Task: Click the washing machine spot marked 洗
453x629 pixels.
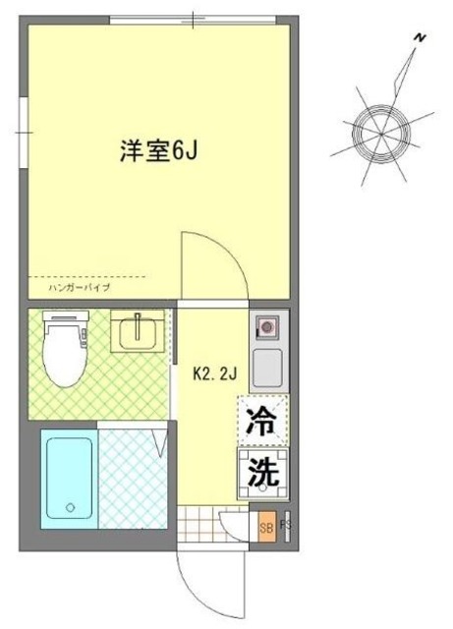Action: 260,473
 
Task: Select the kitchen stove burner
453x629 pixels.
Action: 265,325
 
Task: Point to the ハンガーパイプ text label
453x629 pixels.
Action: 65,288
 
